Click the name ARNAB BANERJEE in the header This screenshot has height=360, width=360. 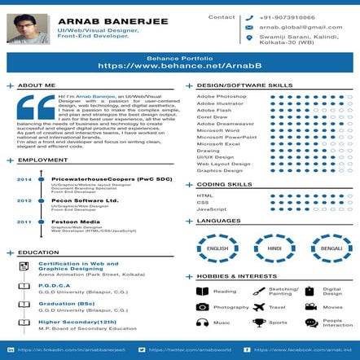coord(108,21)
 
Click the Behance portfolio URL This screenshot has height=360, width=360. coord(180,64)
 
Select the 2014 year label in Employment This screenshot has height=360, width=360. coord(24,179)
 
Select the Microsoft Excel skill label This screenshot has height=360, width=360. coord(217,144)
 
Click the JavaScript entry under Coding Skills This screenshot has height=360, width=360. coord(211,210)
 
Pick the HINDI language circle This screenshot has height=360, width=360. coord(274,248)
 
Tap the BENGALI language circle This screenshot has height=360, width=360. coord(331,248)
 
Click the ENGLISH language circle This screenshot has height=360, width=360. coord(217,248)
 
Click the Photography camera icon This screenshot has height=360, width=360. coord(202,307)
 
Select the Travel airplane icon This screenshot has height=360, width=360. coord(259,307)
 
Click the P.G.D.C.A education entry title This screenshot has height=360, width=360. coord(54,285)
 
